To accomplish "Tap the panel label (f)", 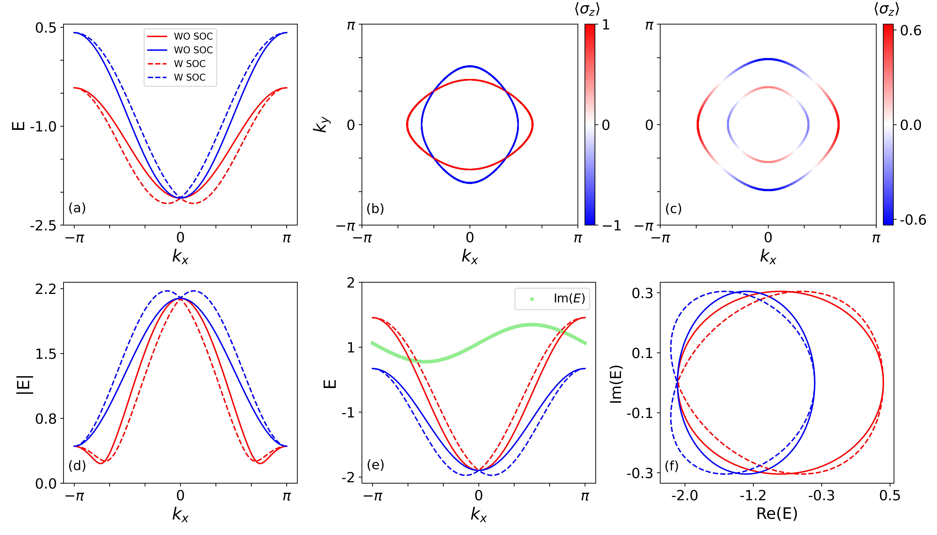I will point(672,466).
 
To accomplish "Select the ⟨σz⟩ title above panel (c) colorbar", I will point(886,9).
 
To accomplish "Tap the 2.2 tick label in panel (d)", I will point(46,289).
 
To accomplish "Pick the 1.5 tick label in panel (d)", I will point(46,354).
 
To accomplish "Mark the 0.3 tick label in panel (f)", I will point(642,293).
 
